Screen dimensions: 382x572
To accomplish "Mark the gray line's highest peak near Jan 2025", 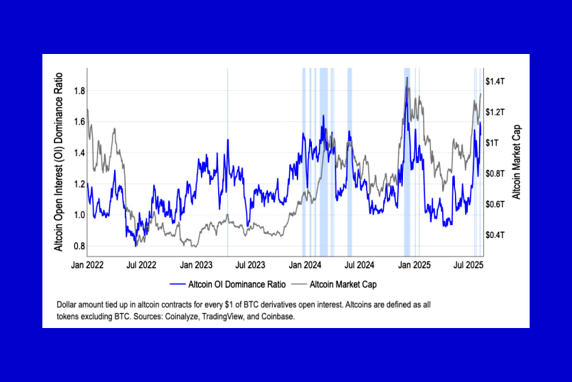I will (407, 78).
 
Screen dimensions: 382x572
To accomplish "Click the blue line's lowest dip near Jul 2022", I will (135, 245).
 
